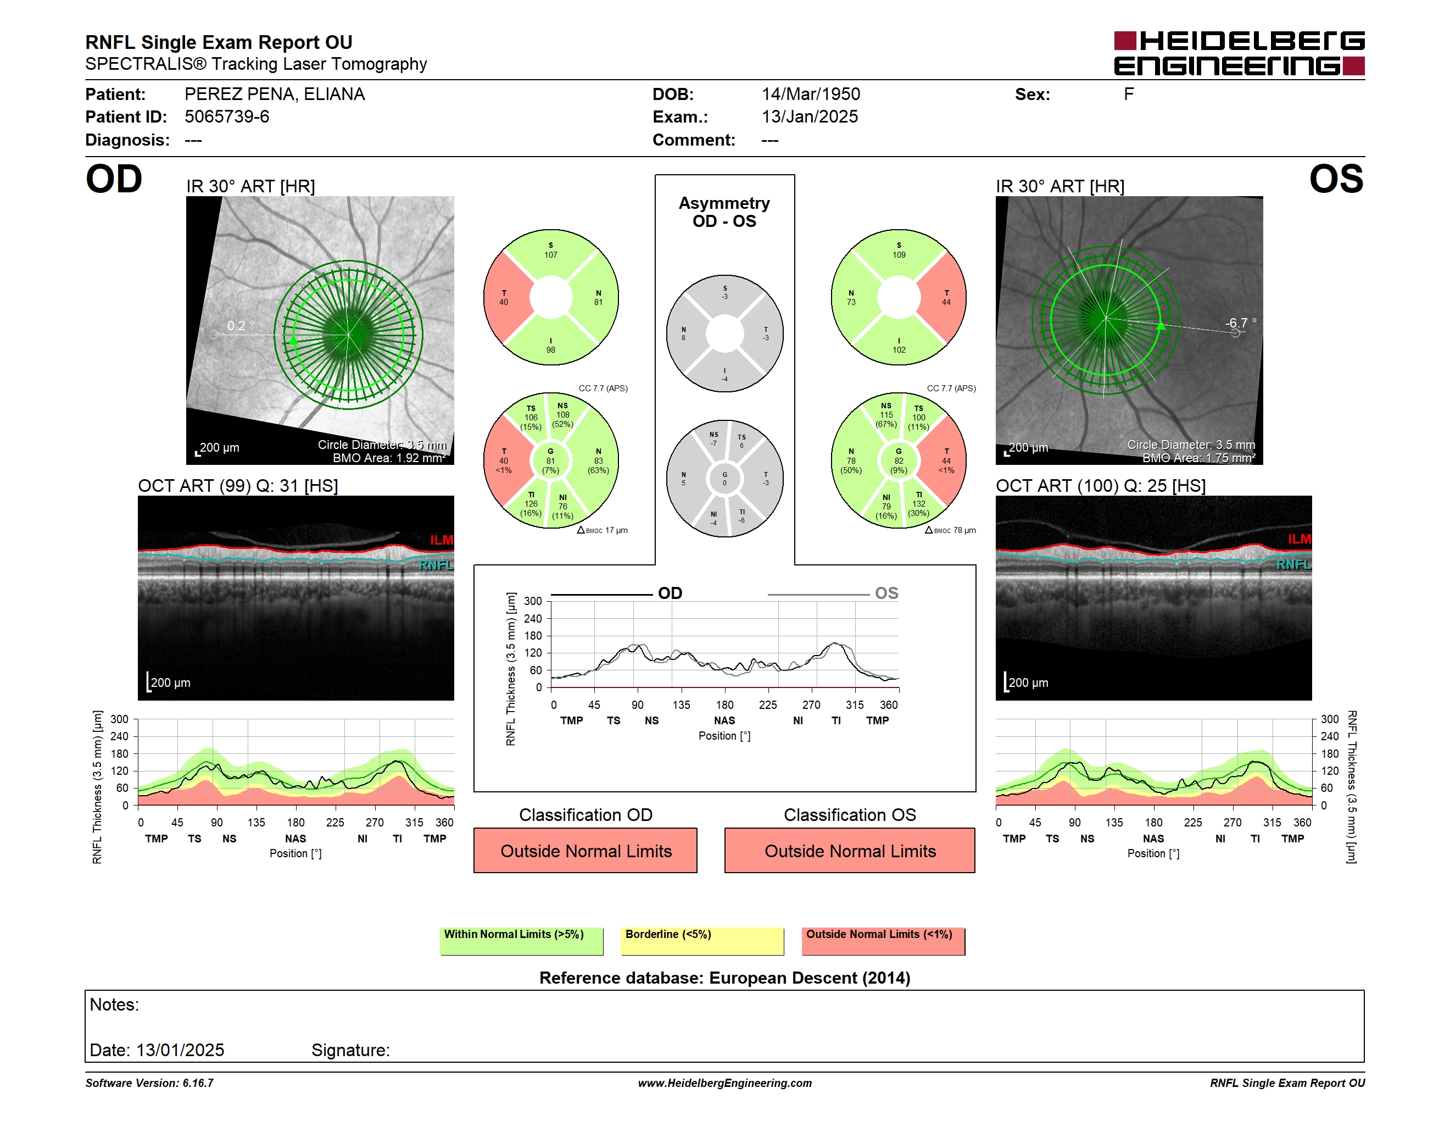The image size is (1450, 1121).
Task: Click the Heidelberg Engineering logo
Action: point(1239,53)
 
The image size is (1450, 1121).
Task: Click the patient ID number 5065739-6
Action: point(227,117)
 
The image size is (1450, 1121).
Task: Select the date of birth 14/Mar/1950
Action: point(811,95)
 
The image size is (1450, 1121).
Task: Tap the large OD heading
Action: point(114,179)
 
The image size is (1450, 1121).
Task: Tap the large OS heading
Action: point(1336,179)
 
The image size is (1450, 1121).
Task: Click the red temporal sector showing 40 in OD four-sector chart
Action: point(506,297)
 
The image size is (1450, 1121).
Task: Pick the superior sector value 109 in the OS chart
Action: point(899,255)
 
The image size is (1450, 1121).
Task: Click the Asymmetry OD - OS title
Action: point(724,212)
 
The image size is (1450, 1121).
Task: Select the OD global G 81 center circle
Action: point(550,460)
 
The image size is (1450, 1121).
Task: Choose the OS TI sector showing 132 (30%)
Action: point(919,504)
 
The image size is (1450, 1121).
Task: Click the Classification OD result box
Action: point(585,850)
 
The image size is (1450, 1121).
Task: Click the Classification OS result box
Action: point(850,850)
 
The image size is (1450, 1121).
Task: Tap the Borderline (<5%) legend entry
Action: point(702,941)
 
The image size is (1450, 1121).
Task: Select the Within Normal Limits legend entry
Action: point(522,941)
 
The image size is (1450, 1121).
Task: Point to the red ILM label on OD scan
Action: point(441,540)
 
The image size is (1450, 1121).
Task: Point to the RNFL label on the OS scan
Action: point(1293,564)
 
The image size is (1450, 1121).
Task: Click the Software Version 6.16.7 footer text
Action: point(149,1083)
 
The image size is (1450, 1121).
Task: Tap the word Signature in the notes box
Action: point(350,1050)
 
